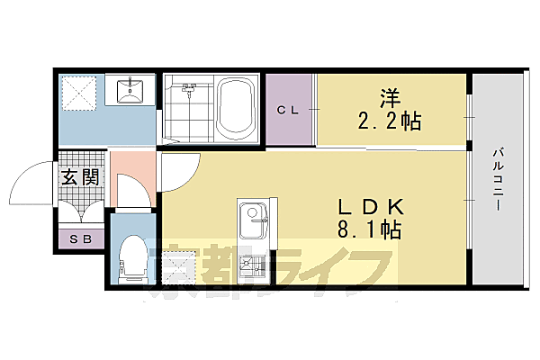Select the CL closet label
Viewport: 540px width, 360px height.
tap(287, 111)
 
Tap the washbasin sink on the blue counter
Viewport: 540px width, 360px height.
tap(132, 89)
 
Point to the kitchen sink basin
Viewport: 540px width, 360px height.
tap(253, 219)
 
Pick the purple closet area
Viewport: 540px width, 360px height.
tap(288, 126)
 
